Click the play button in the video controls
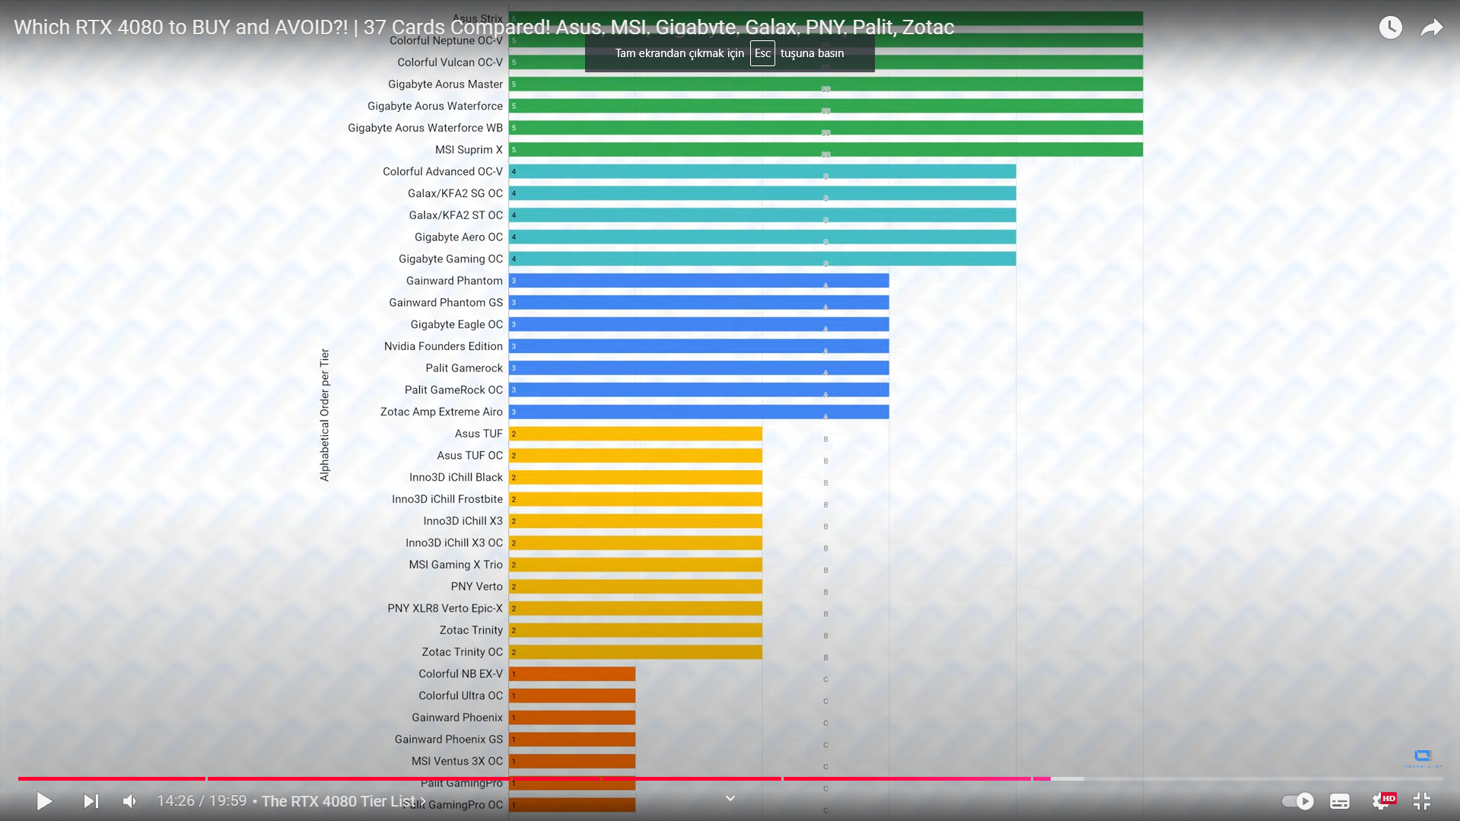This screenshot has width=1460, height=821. (x=44, y=801)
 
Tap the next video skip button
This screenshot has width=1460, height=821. (x=91, y=801)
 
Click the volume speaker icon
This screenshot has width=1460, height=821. (x=130, y=801)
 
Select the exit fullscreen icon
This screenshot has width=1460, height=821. (x=1421, y=801)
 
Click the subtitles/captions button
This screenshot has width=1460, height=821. (x=1340, y=801)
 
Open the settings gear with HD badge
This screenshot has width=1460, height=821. (x=1381, y=801)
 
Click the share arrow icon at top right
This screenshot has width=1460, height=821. (x=1431, y=28)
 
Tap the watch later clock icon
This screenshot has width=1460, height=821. (x=1390, y=28)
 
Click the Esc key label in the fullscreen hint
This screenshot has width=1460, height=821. (x=762, y=53)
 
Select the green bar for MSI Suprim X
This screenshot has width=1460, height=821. (x=825, y=150)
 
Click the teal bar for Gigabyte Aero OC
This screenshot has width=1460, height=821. (x=762, y=237)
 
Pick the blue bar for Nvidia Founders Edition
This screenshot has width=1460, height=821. (x=698, y=346)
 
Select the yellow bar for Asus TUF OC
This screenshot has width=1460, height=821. (x=635, y=456)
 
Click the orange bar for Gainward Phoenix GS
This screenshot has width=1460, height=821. (x=572, y=740)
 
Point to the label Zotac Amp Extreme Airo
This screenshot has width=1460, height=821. (x=441, y=412)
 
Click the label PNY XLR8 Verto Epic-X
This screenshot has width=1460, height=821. (x=445, y=609)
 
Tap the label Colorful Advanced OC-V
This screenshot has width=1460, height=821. (x=443, y=172)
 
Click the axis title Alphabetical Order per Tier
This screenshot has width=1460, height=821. (x=325, y=415)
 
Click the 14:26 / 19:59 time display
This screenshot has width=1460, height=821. (x=202, y=801)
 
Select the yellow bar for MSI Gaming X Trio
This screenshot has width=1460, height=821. (x=635, y=565)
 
